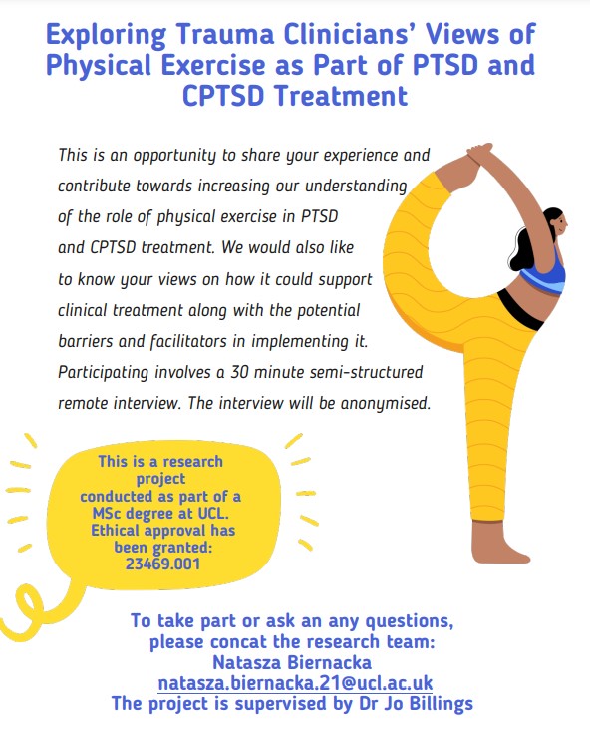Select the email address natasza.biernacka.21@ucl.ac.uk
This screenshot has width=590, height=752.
pyautogui.click(x=295, y=684)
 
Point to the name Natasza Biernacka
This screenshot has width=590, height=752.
pyautogui.click(x=295, y=663)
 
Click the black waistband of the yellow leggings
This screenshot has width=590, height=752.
pyautogui.click(x=518, y=314)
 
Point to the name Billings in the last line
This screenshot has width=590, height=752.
pyautogui.click(x=435, y=704)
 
